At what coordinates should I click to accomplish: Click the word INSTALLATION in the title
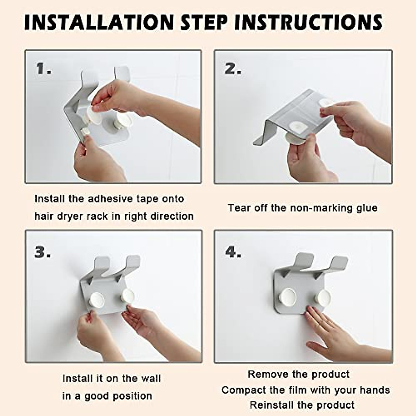(99, 22)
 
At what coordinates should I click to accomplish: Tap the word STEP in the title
(204, 22)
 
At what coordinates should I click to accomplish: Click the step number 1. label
(44, 68)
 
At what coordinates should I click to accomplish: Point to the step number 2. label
(233, 69)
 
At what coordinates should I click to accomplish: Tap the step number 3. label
(43, 252)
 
